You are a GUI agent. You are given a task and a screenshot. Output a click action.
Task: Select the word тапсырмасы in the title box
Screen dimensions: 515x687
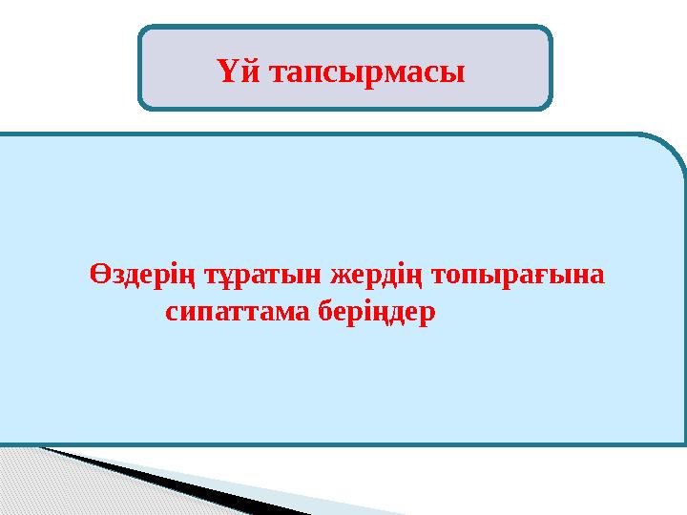[366, 72]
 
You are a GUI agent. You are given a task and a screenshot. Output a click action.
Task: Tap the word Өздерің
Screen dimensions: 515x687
[136, 276]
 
